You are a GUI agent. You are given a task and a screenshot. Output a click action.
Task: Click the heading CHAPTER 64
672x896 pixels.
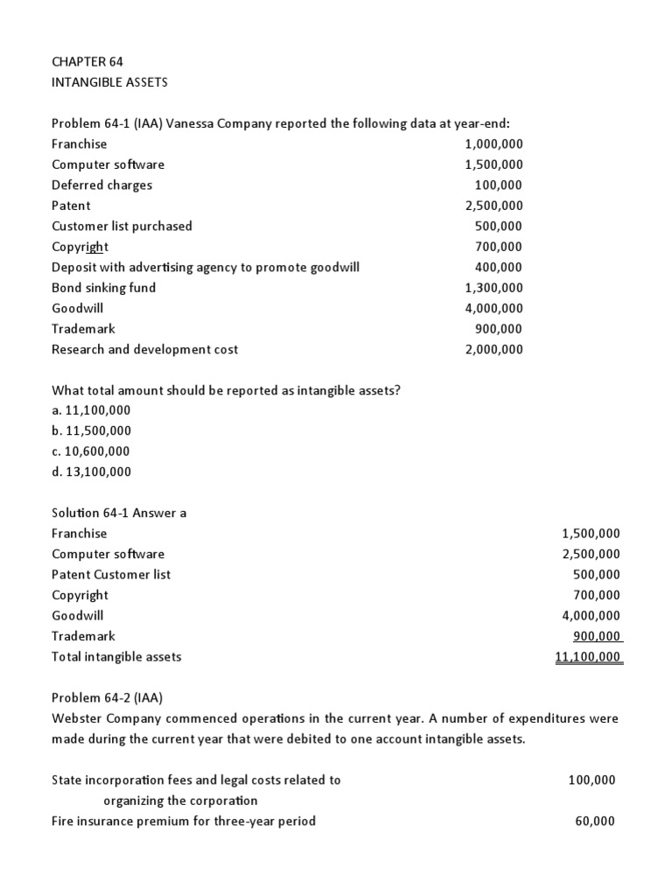tap(87, 61)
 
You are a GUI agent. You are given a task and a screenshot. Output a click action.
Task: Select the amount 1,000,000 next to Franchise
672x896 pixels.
tap(493, 144)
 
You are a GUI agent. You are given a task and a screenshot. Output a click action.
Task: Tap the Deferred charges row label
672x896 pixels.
tap(101, 185)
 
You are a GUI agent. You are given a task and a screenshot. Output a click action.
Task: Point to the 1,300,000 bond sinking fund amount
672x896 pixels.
tap(493, 288)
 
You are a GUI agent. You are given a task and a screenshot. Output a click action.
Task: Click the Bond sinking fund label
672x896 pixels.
tap(103, 288)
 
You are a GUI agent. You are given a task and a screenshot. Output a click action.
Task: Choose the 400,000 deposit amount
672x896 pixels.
tap(498, 268)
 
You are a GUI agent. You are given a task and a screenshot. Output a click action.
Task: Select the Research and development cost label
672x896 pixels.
tap(144, 349)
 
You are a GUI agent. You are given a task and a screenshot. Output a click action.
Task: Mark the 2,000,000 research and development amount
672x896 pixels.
tap(493, 349)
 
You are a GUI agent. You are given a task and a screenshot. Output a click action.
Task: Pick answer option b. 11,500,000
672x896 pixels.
tap(91, 430)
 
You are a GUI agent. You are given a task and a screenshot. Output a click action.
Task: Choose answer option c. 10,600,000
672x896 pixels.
tap(90, 451)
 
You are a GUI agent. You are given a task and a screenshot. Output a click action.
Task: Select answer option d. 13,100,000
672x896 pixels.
tap(91, 472)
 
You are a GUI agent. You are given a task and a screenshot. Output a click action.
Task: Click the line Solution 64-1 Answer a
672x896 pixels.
tap(119, 513)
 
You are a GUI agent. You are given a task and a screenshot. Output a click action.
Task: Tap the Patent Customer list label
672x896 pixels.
tap(111, 575)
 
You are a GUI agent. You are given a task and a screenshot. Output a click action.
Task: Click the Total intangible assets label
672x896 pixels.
tap(116, 656)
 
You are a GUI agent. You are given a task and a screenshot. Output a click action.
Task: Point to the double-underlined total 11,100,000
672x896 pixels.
tap(588, 656)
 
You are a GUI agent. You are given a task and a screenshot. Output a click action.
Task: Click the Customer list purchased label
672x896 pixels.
tap(122, 227)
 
